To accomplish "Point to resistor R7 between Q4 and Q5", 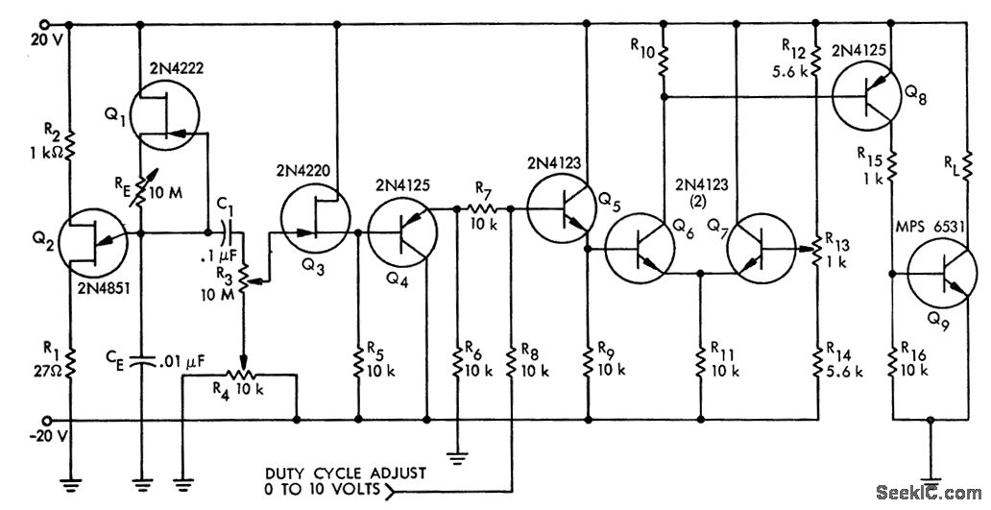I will click(480, 208).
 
